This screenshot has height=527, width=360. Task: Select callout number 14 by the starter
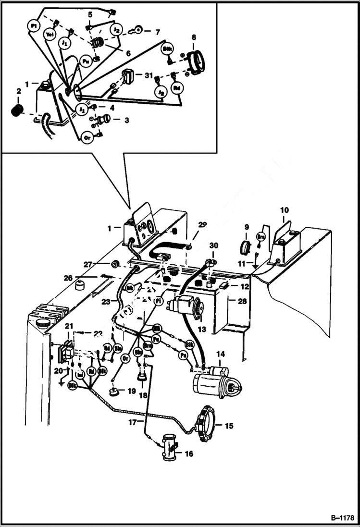pos(220,355)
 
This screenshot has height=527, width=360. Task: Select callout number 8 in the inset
pos(194,37)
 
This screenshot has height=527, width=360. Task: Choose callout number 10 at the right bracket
pos(285,210)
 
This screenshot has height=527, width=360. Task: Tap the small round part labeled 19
pos(114,392)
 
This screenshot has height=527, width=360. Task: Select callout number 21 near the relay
pos(69,327)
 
